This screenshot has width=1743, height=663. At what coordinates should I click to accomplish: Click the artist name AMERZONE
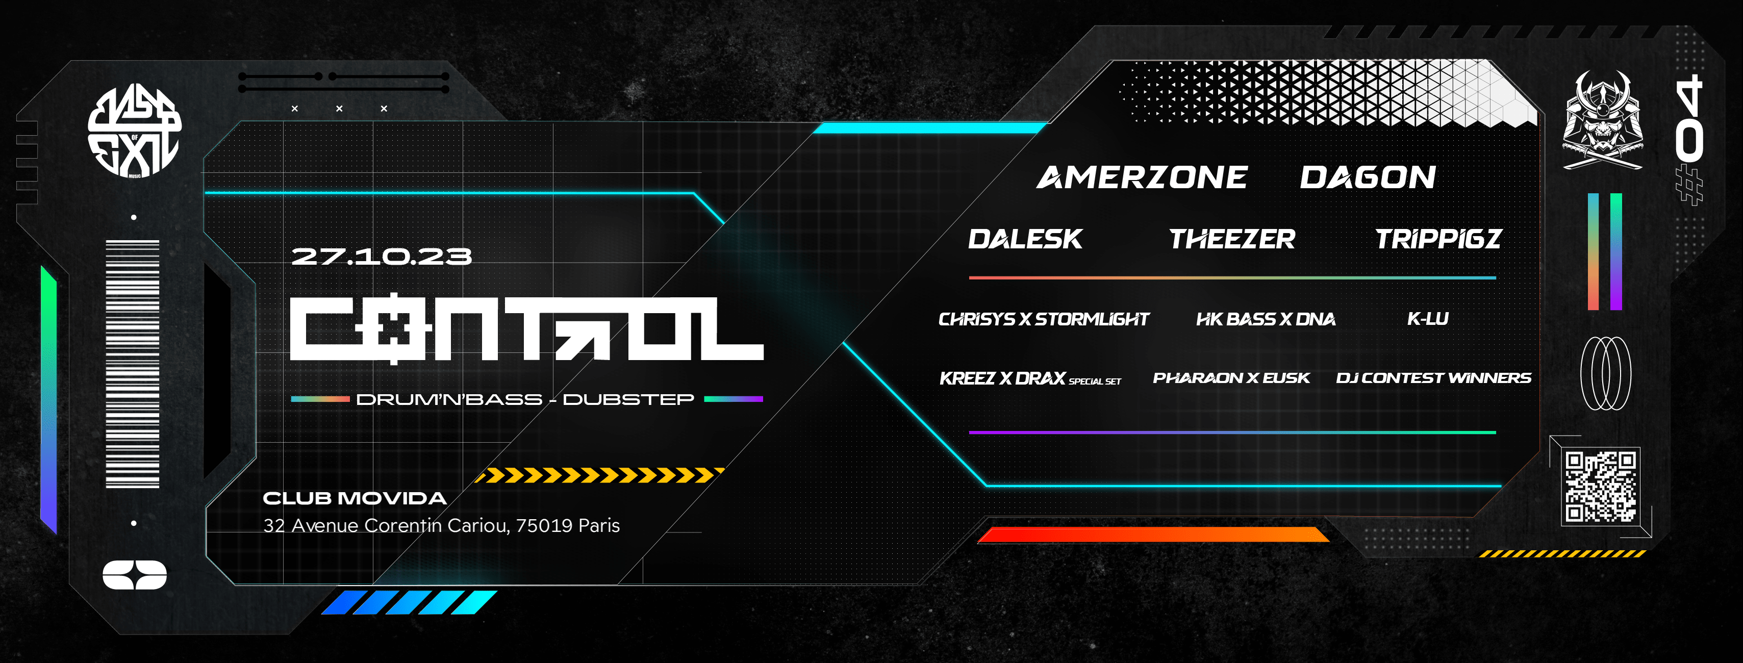click(x=1142, y=177)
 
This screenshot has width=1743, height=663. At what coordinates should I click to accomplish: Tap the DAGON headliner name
click(x=1368, y=177)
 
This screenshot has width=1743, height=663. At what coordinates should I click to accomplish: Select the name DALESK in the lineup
click(x=1025, y=239)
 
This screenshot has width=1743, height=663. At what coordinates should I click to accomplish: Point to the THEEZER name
click(x=1231, y=239)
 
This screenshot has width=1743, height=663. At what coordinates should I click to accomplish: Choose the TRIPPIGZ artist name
click(x=1438, y=239)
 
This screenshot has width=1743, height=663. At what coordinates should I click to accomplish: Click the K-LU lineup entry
click(x=1428, y=319)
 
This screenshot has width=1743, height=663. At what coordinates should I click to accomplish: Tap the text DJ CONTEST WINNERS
click(x=1433, y=377)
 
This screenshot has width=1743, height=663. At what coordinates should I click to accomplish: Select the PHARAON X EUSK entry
click(x=1231, y=377)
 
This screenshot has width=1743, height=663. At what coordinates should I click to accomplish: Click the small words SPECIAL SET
click(x=1095, y=381)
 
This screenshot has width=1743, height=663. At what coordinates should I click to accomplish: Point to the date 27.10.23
click(x=381, y=257)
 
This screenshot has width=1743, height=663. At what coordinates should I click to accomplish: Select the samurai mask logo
click(x=1602, y=122)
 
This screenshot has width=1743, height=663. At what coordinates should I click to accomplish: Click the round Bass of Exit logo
click(x=135, y=132)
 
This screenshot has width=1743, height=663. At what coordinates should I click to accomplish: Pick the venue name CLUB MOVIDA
click(x=355, y=499)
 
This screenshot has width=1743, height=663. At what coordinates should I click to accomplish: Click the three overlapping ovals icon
click(x=1605, y=373)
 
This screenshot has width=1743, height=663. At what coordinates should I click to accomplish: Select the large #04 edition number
click(x=1689, y=139)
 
